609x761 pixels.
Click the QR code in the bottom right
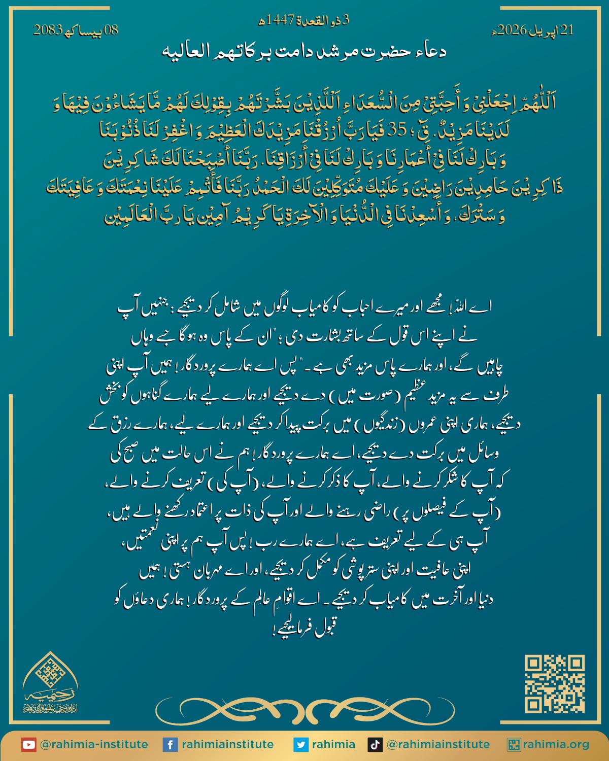(x=555, y=684)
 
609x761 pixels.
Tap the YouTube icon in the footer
(x=29, y=744)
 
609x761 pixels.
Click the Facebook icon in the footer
(x=170, y=744)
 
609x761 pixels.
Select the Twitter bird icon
(x=301, y=744)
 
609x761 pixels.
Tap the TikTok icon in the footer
(x=375, y=744)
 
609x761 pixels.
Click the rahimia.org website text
(x=557, y=744)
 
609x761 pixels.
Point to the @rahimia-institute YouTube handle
(x=93, y=744)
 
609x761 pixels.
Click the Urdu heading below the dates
(x=304, y=51)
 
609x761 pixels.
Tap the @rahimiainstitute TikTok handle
(x=438, y=744)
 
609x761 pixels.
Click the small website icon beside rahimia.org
(x=515, y=744)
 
